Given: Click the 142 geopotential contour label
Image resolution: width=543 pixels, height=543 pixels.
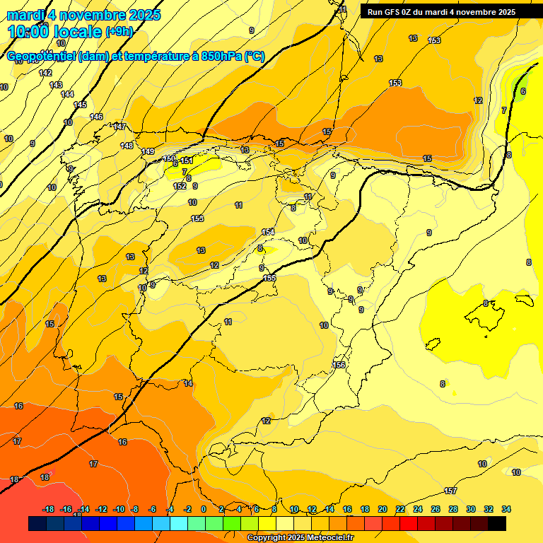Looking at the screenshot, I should pyautogui.click(x=45, y=73).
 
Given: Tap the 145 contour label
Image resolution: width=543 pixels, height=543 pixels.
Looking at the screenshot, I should pyautogui.click(x=80, y=105).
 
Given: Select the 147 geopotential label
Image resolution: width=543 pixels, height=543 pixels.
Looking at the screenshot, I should pyautogui.click(x=119, y=127).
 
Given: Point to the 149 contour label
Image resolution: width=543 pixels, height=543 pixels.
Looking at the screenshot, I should pyautogui.click(x=148, y=152).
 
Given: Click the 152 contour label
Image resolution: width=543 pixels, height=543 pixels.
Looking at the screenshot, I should pyautogui.click(x=180, y=186).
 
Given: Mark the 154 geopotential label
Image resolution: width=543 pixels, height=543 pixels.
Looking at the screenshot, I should pyautogui.click(x=268, y=232).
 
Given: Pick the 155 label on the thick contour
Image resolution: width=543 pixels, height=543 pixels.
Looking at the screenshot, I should pyautogui.click(x=270, y=279).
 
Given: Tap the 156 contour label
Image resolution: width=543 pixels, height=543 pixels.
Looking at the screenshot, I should pyautogui.click(x=339, y=365).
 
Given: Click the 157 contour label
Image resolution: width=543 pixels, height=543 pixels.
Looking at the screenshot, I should pyautogui.click(x=450, y=491).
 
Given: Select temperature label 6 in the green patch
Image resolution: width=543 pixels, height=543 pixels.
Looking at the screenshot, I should pyautogui.click(x=523, y=91).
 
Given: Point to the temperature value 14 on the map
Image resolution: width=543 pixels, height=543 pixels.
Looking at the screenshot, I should pyautogui.click(x=188, y=383).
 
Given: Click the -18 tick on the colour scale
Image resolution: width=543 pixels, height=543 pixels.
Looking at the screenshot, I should pyautogui.click(x=49, y=509).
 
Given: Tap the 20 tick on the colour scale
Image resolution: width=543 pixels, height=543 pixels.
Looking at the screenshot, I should pyautogui.click(x=383, y=509).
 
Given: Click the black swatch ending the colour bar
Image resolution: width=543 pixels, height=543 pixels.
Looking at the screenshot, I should pyautogui.click(x=497, y=523).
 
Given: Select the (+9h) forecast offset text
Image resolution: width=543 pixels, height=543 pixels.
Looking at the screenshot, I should pyautogui.click(x=118, y=32).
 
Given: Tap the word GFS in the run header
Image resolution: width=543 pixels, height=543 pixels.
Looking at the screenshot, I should pyautogui.click(x=395, y=12).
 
